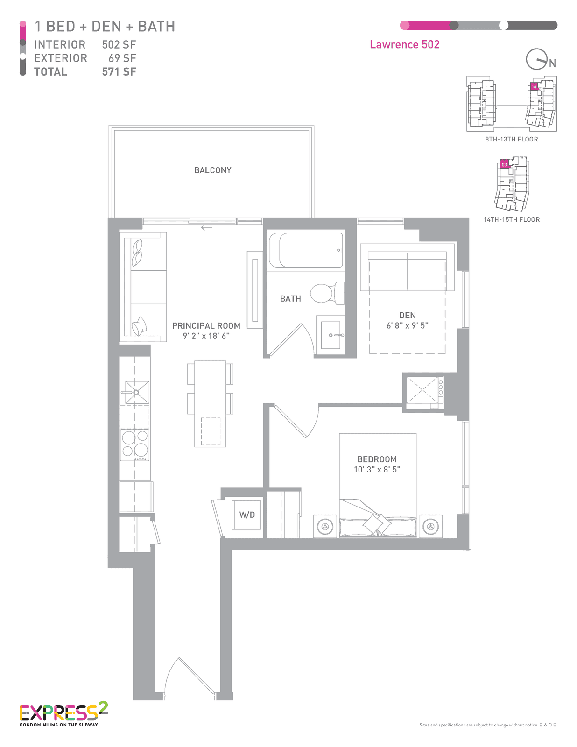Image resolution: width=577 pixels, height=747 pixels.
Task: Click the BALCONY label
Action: pos(212,170)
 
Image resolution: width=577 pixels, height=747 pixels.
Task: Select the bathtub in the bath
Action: pos(306,250)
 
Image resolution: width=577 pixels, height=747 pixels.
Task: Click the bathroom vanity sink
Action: pos(330,335)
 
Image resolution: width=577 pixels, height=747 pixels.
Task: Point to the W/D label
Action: pos(247,514)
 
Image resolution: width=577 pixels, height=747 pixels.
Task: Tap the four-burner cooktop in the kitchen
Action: pos(135,445)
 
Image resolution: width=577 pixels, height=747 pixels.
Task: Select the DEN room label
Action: pos(407,315)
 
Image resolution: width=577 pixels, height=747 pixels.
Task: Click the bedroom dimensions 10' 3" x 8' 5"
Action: pos(377,469)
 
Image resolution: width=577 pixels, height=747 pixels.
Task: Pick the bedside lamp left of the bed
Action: pos(325,526)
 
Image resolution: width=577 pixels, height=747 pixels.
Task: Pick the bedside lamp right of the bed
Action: pos(430,526)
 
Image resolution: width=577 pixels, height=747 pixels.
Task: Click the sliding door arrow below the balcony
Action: pos(206,227)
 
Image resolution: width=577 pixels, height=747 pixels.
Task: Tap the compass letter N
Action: pos(552,63)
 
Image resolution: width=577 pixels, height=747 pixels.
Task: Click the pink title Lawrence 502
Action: pos(404,44)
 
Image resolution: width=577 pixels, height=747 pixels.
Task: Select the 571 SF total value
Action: pos(119,72)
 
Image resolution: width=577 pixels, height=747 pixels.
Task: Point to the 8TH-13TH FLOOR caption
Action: pos(511,139)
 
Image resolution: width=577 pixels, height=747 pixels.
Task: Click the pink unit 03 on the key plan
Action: pos(504,164)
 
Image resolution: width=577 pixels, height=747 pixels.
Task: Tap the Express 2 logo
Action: pos(63,713)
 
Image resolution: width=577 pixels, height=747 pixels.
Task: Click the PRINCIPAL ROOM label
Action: pos(206,325)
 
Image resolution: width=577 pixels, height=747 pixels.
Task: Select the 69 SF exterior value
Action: pos(122,58)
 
